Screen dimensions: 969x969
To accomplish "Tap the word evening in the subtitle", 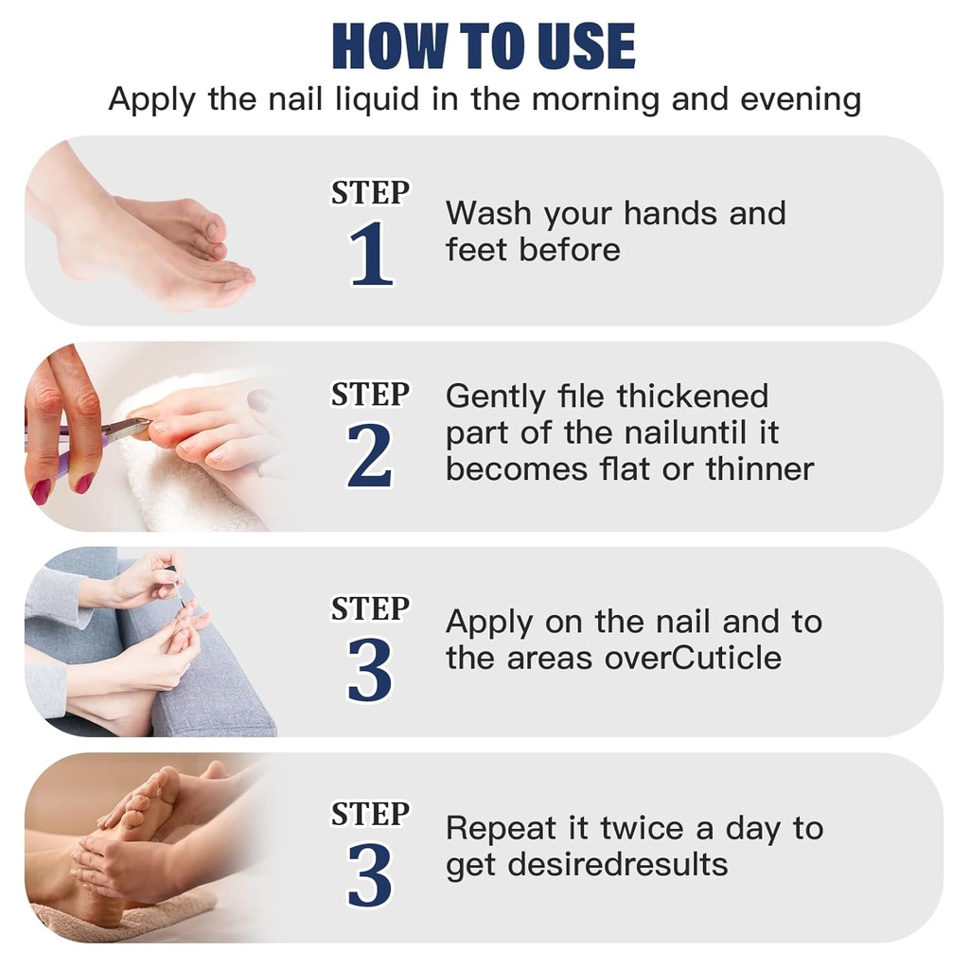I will pyautogui.click(x=801, y=99).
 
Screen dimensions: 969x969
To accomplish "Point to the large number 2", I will pyautogui.click(x=370, y=458).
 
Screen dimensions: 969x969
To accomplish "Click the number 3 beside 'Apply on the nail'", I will pyautogui.click(x=370, y=670).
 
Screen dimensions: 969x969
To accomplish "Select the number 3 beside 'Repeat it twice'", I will pyautogui.click(x=370, y=875).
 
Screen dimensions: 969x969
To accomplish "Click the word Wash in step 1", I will pyautogui.click(x=489, y=213).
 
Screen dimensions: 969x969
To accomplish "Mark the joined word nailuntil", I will pyautogui.click(x=675, y=433).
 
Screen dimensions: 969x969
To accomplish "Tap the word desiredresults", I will pyautogui.click(x=615, y=865).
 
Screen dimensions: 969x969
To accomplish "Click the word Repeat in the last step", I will pyautogui.click(x=501, y=828).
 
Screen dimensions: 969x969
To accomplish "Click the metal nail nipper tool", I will pyautogui.click(x=118, y=429).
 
